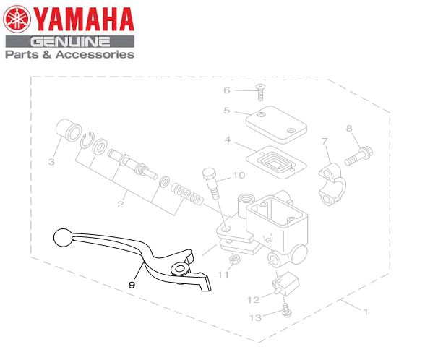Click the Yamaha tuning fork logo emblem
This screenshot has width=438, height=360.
pyautogui.click(x=17, y=20)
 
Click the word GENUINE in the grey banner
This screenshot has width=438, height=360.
pyautogui.click(x=70, y=42)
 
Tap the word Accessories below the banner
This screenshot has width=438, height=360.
pyautogui.click(x=95, y=54)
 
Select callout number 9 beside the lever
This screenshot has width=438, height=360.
pyautogui.click(x=132, y=285)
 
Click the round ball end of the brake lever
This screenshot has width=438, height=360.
pyautogui.click(x=63, y=237)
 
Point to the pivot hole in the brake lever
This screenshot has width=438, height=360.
pyautogui.click(x=180, y=269)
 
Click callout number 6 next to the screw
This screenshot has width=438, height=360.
pyautogui.click(x=226, y=90)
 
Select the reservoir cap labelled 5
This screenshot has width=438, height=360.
pyautogui.click(x=276, y=124)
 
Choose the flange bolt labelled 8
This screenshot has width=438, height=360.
pyautogui.click(x=358, y=156)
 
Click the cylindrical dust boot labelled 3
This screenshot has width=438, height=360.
pyautogui.click(x=69, y=130)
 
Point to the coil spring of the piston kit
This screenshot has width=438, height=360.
pyautogui.click(x=187, y=194)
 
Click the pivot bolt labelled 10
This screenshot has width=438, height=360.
pyautogui.click(x=212, y=183)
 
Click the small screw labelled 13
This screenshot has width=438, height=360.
pyautogui.click(x=286, y=310)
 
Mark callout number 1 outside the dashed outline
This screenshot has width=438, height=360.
pyautogui.click(x=365, y=312)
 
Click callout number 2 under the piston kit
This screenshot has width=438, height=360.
pyautogui.click(x=121, y=205)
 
